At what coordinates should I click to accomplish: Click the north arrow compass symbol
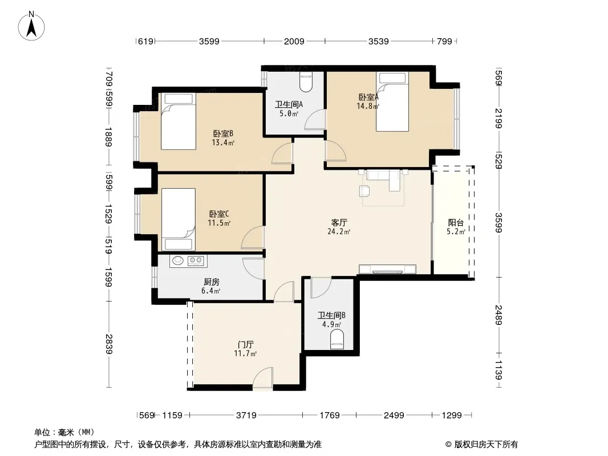[x=31, y=26]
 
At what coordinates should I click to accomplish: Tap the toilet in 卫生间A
[x=306, y=82]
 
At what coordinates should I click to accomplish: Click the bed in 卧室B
[x=179, y=121]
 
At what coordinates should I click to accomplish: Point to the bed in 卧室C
[x=179, y=219]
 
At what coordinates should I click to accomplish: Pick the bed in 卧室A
[x=392, y=101]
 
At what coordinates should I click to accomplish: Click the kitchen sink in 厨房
[x=178, y=260]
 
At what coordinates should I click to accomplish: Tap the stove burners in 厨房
[x=196, y=260]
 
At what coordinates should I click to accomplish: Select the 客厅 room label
[x=339, y=223]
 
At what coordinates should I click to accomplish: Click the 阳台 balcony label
[x=456, y=223]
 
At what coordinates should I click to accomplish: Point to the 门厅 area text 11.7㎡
[x=245, y=353]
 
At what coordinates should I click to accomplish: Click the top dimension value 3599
[x=209, y=41]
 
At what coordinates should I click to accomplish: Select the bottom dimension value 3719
[x=246, y=416]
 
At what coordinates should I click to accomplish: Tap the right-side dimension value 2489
[x=498, y=315]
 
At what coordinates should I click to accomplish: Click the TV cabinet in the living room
[x=387, y=269]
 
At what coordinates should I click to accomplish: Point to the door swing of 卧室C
[x=253, y=237]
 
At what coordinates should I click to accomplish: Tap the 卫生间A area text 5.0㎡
[x=289, y=114]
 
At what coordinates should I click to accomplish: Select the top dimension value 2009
[x=294, y=41]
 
